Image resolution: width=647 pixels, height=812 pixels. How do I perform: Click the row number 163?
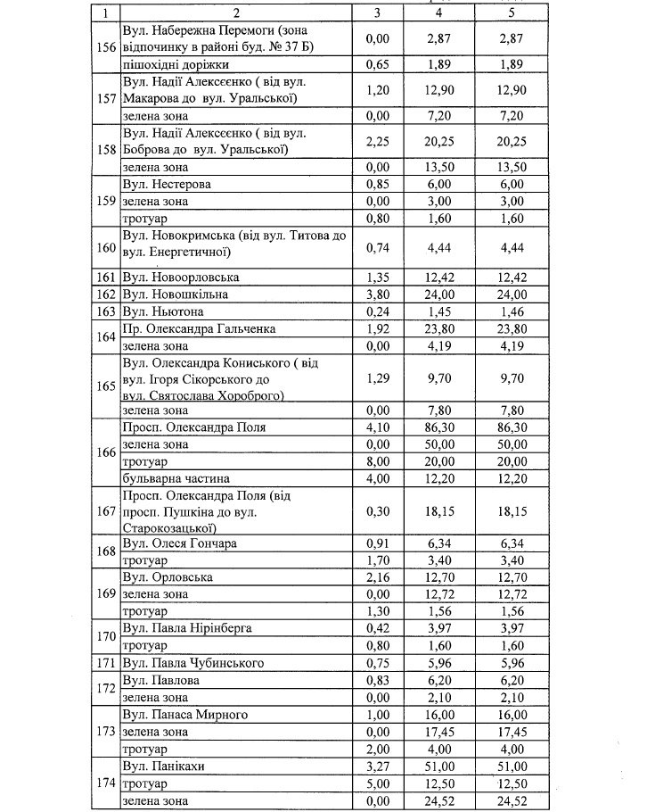106,311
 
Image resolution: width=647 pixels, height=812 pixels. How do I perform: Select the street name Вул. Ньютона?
163,311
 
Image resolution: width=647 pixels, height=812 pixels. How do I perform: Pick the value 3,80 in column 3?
381,294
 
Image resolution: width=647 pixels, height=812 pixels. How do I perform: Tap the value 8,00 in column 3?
381,460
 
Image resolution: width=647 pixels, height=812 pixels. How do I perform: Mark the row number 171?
106,663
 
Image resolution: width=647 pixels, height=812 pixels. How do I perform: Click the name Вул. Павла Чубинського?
189,663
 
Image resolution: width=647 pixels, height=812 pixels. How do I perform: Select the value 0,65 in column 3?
381,65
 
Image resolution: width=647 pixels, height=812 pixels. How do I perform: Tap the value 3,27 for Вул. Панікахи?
381,766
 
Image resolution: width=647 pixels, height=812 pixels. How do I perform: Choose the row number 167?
106,511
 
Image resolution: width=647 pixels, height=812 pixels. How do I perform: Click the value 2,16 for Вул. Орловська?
381,578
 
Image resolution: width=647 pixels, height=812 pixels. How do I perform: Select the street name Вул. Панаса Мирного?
185,715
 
